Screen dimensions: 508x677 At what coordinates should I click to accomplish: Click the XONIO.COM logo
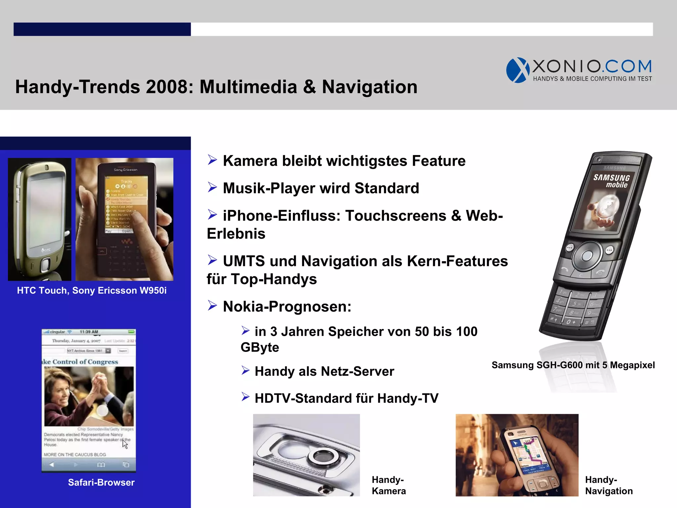pos(578,70)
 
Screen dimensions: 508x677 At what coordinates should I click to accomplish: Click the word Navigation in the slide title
pos(369,87)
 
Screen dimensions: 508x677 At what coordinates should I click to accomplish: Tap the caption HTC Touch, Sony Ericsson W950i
pos(92,290)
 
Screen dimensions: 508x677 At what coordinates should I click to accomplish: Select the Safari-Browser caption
pos(101,482)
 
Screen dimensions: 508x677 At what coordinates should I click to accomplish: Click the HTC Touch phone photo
pos(40,219)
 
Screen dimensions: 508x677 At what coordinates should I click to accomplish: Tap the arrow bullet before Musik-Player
pos(212,188)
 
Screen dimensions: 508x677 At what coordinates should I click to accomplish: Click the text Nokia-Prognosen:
pos(287,307)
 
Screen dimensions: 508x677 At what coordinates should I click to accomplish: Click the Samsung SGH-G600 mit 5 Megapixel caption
pos(573,365)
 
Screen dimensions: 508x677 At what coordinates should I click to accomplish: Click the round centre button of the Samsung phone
pos(587,255)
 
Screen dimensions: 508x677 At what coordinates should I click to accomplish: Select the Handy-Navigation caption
pos(609,485)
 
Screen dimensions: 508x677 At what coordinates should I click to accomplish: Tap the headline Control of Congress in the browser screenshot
pos(85,362)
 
